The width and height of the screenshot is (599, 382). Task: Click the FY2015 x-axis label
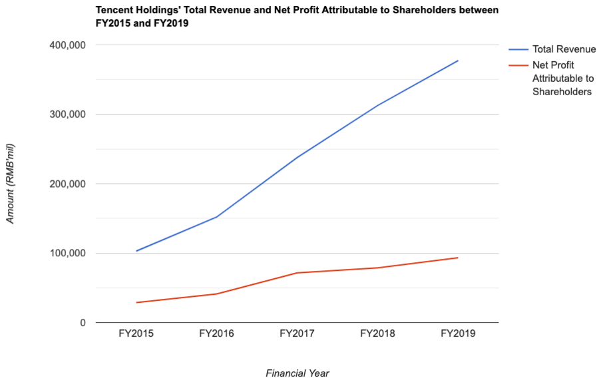pos(136,333)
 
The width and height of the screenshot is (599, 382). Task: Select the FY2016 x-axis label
pos(216,333)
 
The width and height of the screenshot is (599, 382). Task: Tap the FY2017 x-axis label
pos(297,333)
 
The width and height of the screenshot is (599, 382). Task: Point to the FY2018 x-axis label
pos(377,333)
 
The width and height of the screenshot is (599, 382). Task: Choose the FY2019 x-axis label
pos(458,333)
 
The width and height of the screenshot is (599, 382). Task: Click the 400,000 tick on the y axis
pos(66,45)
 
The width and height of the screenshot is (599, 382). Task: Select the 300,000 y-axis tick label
pos(66,114)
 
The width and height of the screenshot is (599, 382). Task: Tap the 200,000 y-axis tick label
pos(66,184)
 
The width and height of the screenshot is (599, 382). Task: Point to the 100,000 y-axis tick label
pos(66,254)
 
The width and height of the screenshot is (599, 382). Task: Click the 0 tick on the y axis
pos(83,323)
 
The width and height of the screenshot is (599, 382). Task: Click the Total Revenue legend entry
pos(564,50)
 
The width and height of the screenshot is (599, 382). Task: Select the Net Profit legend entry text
pos(562,79)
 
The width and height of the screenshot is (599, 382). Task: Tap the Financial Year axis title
pos(298,373)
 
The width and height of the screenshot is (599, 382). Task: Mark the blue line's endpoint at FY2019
pos(458,61)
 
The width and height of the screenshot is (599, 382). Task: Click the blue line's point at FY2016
pos(216,217)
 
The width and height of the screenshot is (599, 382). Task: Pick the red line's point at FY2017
pos(297,273)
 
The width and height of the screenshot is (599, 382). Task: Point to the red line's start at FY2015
pos(136,303)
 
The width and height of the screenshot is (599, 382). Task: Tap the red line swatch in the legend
pos(518,65)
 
